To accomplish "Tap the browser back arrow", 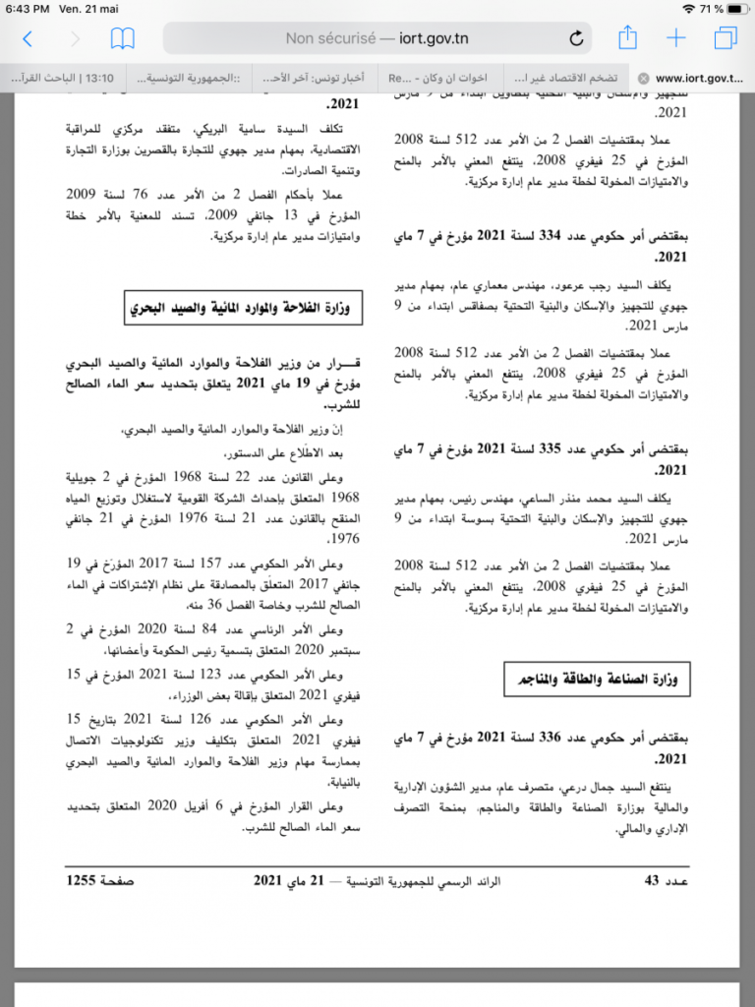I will (x=28, y=38).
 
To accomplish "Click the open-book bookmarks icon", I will (x=123, y=38).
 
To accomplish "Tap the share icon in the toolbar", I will (x=627, y=37).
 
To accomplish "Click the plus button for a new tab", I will (x=676, y=37).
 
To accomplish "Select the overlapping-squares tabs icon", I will (x=726, y=37).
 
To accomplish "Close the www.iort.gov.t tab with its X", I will (x=643, y=79).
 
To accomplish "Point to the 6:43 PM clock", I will (x=28, y=9).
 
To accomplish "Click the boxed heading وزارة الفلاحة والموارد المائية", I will (x=243, y=308).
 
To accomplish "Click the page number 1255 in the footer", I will (x=82, y=880).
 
